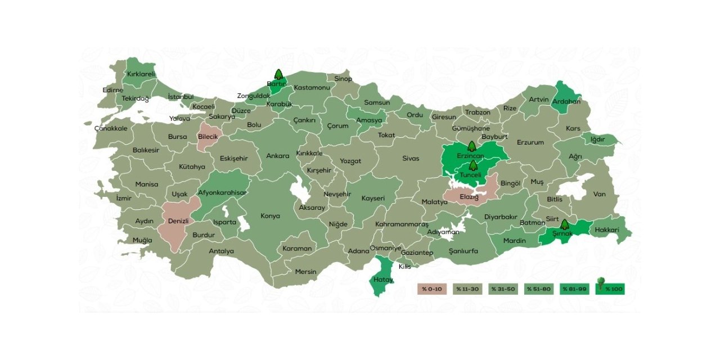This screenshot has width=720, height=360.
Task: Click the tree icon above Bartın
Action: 278,75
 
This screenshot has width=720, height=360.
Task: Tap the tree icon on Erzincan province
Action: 471,147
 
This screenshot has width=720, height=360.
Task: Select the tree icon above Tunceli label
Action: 473,165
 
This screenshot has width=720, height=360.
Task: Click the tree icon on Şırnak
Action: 564,225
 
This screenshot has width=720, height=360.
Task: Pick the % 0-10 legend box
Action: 431,289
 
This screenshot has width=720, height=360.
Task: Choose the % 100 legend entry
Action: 610,289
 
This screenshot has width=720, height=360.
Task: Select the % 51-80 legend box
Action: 538,289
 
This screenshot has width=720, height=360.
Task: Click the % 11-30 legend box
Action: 467,289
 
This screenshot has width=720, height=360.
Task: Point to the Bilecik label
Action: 207,136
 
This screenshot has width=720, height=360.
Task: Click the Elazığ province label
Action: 469,197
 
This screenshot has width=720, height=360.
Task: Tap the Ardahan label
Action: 566,102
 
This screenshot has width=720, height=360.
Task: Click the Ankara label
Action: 278,156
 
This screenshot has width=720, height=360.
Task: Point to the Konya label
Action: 270,216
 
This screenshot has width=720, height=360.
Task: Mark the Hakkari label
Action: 606,230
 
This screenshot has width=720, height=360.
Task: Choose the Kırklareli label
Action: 141,74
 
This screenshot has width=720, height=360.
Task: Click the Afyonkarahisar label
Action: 222,192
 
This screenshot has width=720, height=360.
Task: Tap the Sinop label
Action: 343,79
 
